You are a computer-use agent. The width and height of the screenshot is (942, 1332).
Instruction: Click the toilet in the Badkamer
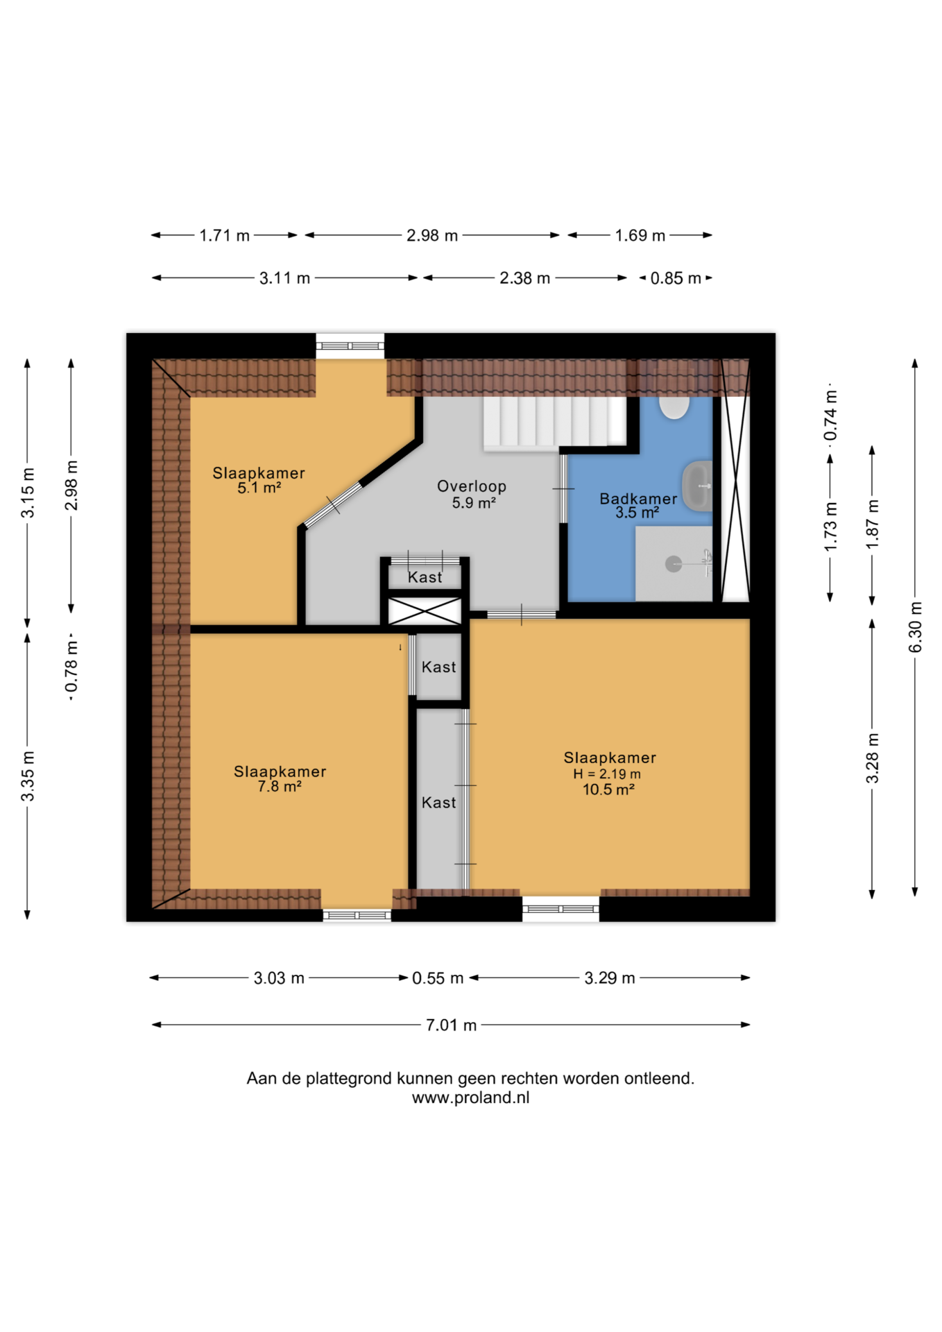point(674,407)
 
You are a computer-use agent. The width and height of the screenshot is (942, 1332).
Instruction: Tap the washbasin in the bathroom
point(697,486)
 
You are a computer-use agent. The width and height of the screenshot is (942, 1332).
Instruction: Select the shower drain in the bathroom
point(674,564)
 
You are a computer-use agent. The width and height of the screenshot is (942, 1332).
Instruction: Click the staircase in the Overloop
point(555,422)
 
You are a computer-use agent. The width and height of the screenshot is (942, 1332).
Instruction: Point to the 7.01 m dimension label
point(451,1025)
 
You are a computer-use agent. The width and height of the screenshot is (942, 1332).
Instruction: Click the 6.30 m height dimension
point(915,627)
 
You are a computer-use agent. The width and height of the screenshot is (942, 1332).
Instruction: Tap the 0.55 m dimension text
point(438,978)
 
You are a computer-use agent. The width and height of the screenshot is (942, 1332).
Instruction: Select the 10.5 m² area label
point(608,789)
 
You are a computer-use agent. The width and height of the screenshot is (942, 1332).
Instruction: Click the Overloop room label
point(472,486)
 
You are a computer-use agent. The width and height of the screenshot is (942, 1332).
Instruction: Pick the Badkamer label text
point(638,499)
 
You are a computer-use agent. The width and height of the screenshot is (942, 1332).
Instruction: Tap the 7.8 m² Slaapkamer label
point(280,787)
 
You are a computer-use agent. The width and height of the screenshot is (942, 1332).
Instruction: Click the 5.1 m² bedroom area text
point(259,488)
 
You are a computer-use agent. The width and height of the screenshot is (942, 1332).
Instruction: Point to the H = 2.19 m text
point(607,774)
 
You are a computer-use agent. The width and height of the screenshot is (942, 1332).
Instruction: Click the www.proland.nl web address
point(470,1098)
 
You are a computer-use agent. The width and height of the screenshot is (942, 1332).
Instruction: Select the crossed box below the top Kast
point(425,611)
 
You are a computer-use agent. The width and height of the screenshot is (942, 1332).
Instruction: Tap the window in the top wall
point(350,345)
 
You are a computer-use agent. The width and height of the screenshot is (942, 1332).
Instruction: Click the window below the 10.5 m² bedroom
point(560,909)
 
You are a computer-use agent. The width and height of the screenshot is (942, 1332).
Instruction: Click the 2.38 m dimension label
point(525,278)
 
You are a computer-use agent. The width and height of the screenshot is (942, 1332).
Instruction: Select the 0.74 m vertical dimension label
point(830,415)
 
